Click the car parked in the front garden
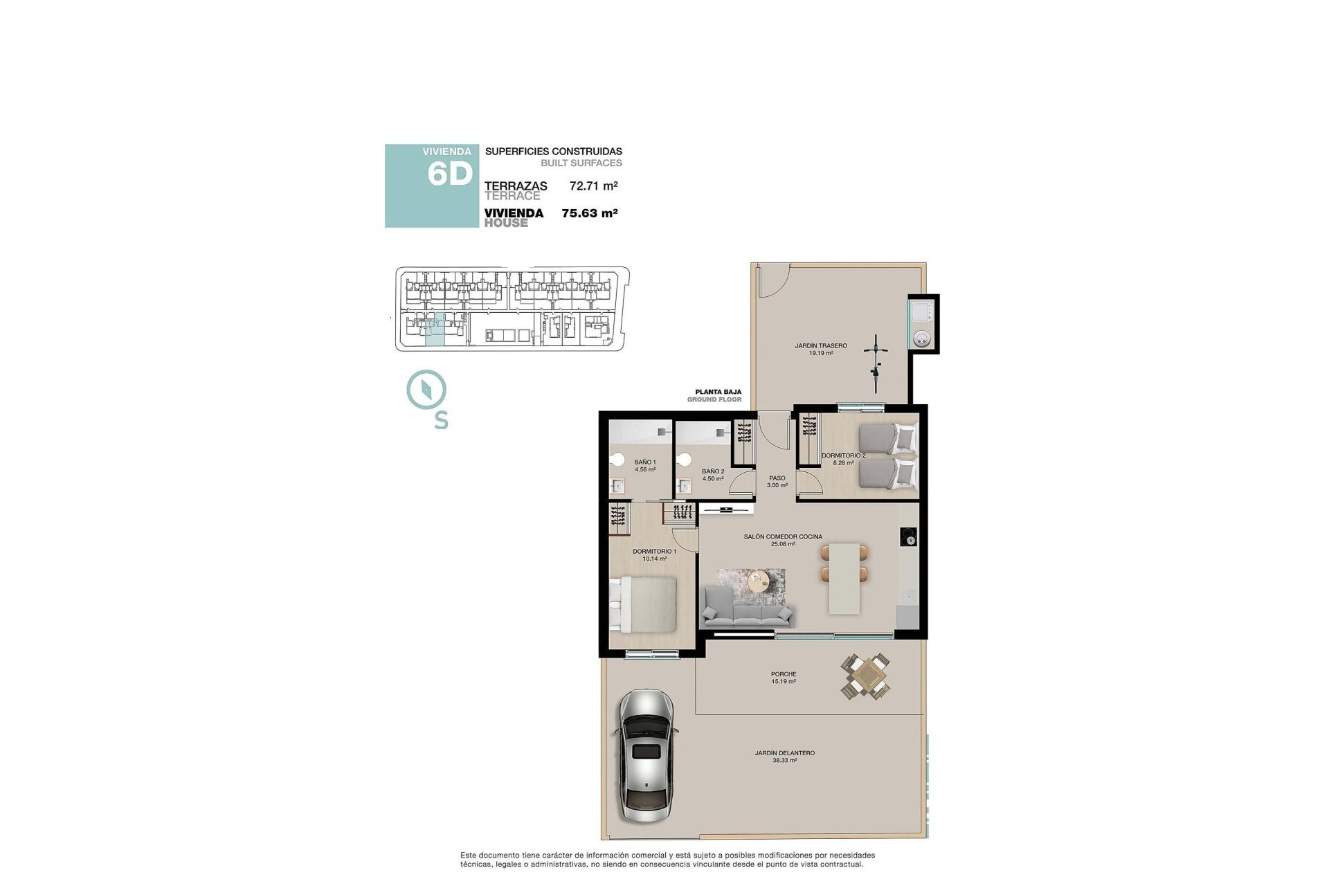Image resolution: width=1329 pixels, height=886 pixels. (x=645, y=756)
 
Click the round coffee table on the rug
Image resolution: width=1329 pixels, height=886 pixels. (x=759, y=581)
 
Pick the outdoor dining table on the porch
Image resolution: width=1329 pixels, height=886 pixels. (x=866, y=676)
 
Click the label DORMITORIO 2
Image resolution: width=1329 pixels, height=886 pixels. (x=843, y=455)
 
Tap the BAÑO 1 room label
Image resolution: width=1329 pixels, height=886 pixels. (x=644, y=462)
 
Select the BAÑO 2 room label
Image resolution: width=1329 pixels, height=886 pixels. (x=712, y=471)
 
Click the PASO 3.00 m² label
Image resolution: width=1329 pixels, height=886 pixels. (x=777, y=481)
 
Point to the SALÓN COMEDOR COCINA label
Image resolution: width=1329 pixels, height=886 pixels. (x=783, y=536)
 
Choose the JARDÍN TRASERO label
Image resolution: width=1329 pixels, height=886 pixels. (x=820, y=345)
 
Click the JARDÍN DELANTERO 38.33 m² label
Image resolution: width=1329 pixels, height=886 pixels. (x=784, y=756)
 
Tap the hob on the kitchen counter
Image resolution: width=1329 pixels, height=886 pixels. (x=908, y=536)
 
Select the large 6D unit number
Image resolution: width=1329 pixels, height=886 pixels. (x=450, y=174)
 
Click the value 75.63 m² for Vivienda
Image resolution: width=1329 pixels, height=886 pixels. (x=589, y=213)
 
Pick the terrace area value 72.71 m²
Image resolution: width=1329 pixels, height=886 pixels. (x=593, y=186)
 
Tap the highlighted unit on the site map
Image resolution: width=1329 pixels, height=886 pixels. (x=435, y=330)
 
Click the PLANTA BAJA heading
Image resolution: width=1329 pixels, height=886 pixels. (x=718, y=392)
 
